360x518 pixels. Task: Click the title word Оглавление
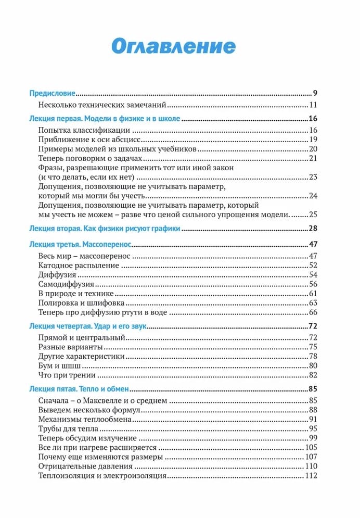[174, 46]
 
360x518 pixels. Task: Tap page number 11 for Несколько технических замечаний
[313, 105]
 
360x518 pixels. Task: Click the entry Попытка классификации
[84, 130]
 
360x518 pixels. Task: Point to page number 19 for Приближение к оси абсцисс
[313, 140]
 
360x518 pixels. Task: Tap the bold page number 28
[313, 229]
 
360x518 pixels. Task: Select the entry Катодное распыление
[79, 266]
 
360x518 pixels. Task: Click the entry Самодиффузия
[66, 284]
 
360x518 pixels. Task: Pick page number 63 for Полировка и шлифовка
[313, 303]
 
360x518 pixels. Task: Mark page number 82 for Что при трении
[313, 375]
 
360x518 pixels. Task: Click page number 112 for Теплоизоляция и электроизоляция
[311, 475]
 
